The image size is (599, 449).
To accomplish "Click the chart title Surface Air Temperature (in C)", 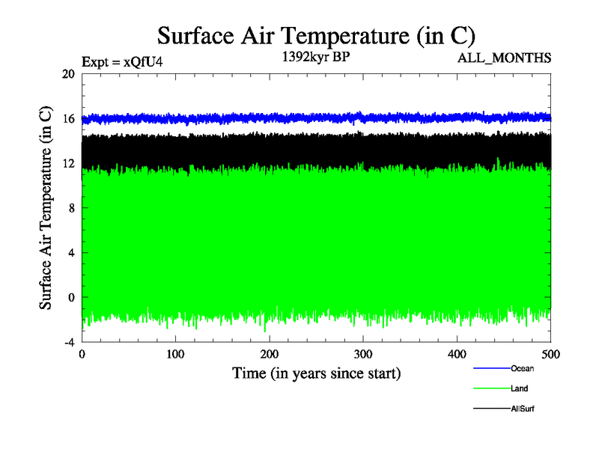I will tap(316, 36).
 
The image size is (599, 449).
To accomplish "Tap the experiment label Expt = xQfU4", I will tap(122, 62).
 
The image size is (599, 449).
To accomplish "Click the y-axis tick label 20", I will tap(68, 74).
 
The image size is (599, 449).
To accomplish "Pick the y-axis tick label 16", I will tap(68, 119).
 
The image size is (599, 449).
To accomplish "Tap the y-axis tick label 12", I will tap(68, 163).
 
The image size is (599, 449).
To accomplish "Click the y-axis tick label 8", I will tap(71, 208).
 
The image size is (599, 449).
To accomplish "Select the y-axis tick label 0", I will tap(71, 297).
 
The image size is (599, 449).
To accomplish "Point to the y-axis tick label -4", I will tap(68, 342).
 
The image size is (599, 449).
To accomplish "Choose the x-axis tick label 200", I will tap(270, 354).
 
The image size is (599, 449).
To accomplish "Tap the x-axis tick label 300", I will tap(363, 354).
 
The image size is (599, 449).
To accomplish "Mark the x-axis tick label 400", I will tap(457, 354).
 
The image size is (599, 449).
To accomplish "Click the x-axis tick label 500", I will tap(550, 354).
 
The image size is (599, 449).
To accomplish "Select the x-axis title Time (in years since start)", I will tap(316, 373).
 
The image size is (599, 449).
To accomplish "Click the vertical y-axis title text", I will tap(46, 208).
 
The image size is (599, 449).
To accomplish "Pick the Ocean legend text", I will tap(522, 368).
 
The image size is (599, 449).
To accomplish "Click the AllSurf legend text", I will tap(523, 409).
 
